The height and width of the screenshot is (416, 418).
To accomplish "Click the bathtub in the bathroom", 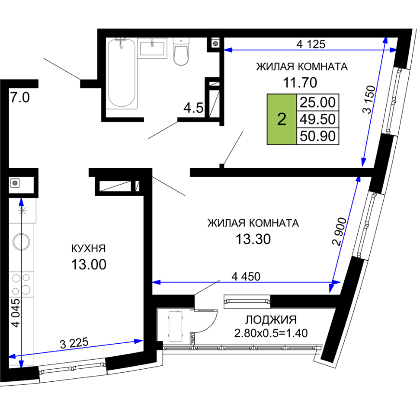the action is [121, 73].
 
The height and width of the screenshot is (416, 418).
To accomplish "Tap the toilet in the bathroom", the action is [181, 52].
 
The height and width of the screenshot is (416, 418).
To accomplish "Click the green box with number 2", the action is [282, 119].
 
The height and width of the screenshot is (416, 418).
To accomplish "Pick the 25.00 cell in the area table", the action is [318, 102].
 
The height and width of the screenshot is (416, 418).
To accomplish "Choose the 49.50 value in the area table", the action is [318, 119].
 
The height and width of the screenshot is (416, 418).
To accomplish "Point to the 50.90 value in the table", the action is [318, 136].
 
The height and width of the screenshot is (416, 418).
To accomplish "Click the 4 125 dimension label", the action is [311, 44].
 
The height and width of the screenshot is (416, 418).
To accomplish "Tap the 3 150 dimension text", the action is [369, 99].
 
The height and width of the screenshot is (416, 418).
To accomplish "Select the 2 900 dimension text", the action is [339, 231].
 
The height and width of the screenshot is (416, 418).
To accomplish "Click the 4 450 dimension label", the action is [246, 277].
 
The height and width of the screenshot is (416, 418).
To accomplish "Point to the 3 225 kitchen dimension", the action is [74, 343].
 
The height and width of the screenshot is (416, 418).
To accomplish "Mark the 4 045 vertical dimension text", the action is [16, 313].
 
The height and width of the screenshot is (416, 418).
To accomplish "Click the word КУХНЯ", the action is [89, 248].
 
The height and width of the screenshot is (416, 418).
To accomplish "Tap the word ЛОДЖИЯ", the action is [271, 320].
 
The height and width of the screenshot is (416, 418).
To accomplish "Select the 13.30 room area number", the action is [253, 239].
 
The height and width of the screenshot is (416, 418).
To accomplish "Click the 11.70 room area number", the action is [300, 82].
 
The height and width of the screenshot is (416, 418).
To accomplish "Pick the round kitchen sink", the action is [21, 242].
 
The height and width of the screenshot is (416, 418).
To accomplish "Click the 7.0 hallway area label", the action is [20, 97].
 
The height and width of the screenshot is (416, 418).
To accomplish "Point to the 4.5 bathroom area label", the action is [193, 108].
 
